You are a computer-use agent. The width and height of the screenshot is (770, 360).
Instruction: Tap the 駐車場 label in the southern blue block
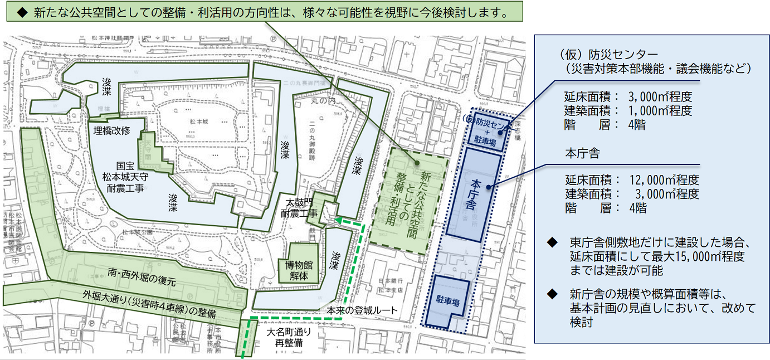(449, 303)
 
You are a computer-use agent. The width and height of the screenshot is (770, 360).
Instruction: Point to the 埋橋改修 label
(111, 130)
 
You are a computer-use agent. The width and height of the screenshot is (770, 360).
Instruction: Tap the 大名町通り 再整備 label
(287, 337)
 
